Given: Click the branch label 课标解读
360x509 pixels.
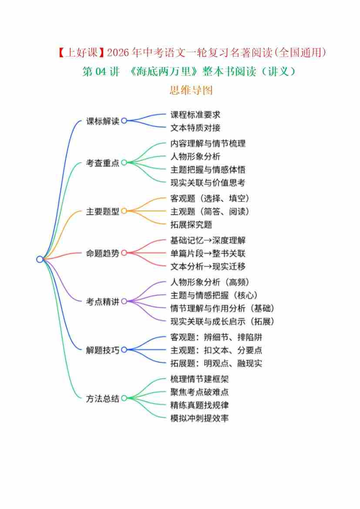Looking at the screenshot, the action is [103, 121].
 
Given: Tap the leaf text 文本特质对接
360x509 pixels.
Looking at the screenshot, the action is [195, 128].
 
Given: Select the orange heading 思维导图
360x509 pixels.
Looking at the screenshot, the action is [191, 90].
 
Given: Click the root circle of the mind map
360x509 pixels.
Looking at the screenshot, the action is [40, 260].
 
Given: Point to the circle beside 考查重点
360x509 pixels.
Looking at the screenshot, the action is [124, 163].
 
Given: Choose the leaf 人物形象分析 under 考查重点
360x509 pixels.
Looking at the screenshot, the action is [195, 156].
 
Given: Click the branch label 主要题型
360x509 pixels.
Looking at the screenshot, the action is [103, 212].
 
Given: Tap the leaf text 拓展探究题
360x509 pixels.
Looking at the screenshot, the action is [191, 225].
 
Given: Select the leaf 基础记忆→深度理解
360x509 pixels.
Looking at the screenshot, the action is [208, 240].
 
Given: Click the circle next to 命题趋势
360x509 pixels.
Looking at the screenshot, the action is [124, 253].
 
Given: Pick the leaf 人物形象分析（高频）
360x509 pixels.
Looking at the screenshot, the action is [210, 282].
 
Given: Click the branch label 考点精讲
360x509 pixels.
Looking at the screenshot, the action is [103, 302].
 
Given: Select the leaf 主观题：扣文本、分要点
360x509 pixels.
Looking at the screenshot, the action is [216, 350].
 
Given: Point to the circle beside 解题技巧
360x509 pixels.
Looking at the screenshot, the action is [124, 350].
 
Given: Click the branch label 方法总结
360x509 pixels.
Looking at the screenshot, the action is [103, 399].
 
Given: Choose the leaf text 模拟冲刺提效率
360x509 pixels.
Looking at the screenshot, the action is [200, 418].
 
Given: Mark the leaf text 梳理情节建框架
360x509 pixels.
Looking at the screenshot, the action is [200, 379].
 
